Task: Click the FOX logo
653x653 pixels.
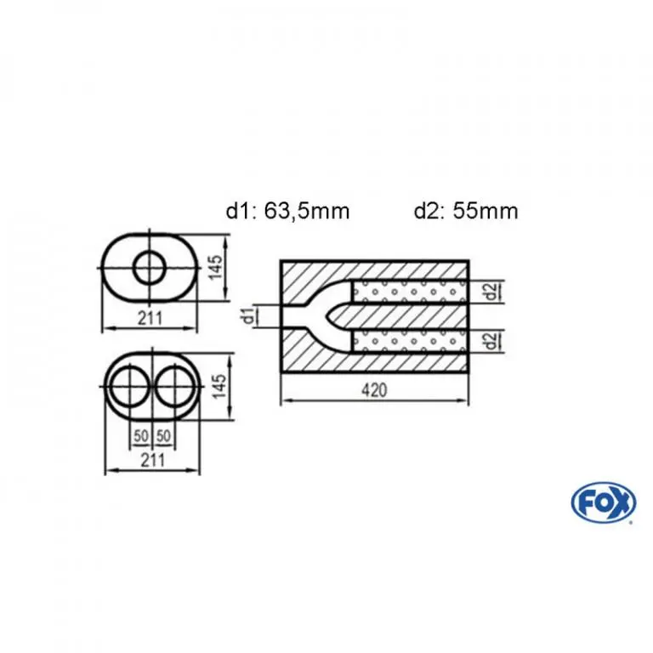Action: [604, 503]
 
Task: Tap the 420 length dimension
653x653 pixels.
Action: [374, 390]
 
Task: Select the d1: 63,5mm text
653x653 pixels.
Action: [287, 211]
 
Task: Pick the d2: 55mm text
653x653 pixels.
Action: [466, 211]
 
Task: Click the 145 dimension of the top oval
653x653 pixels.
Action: [216, 268]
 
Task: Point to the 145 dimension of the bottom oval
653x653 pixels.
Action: [219, 386]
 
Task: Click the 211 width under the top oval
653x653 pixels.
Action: [150, 319]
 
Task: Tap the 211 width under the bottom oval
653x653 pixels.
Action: [153, 460]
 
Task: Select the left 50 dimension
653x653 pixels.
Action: [141, 436]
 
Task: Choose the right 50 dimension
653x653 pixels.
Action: [163, 436]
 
